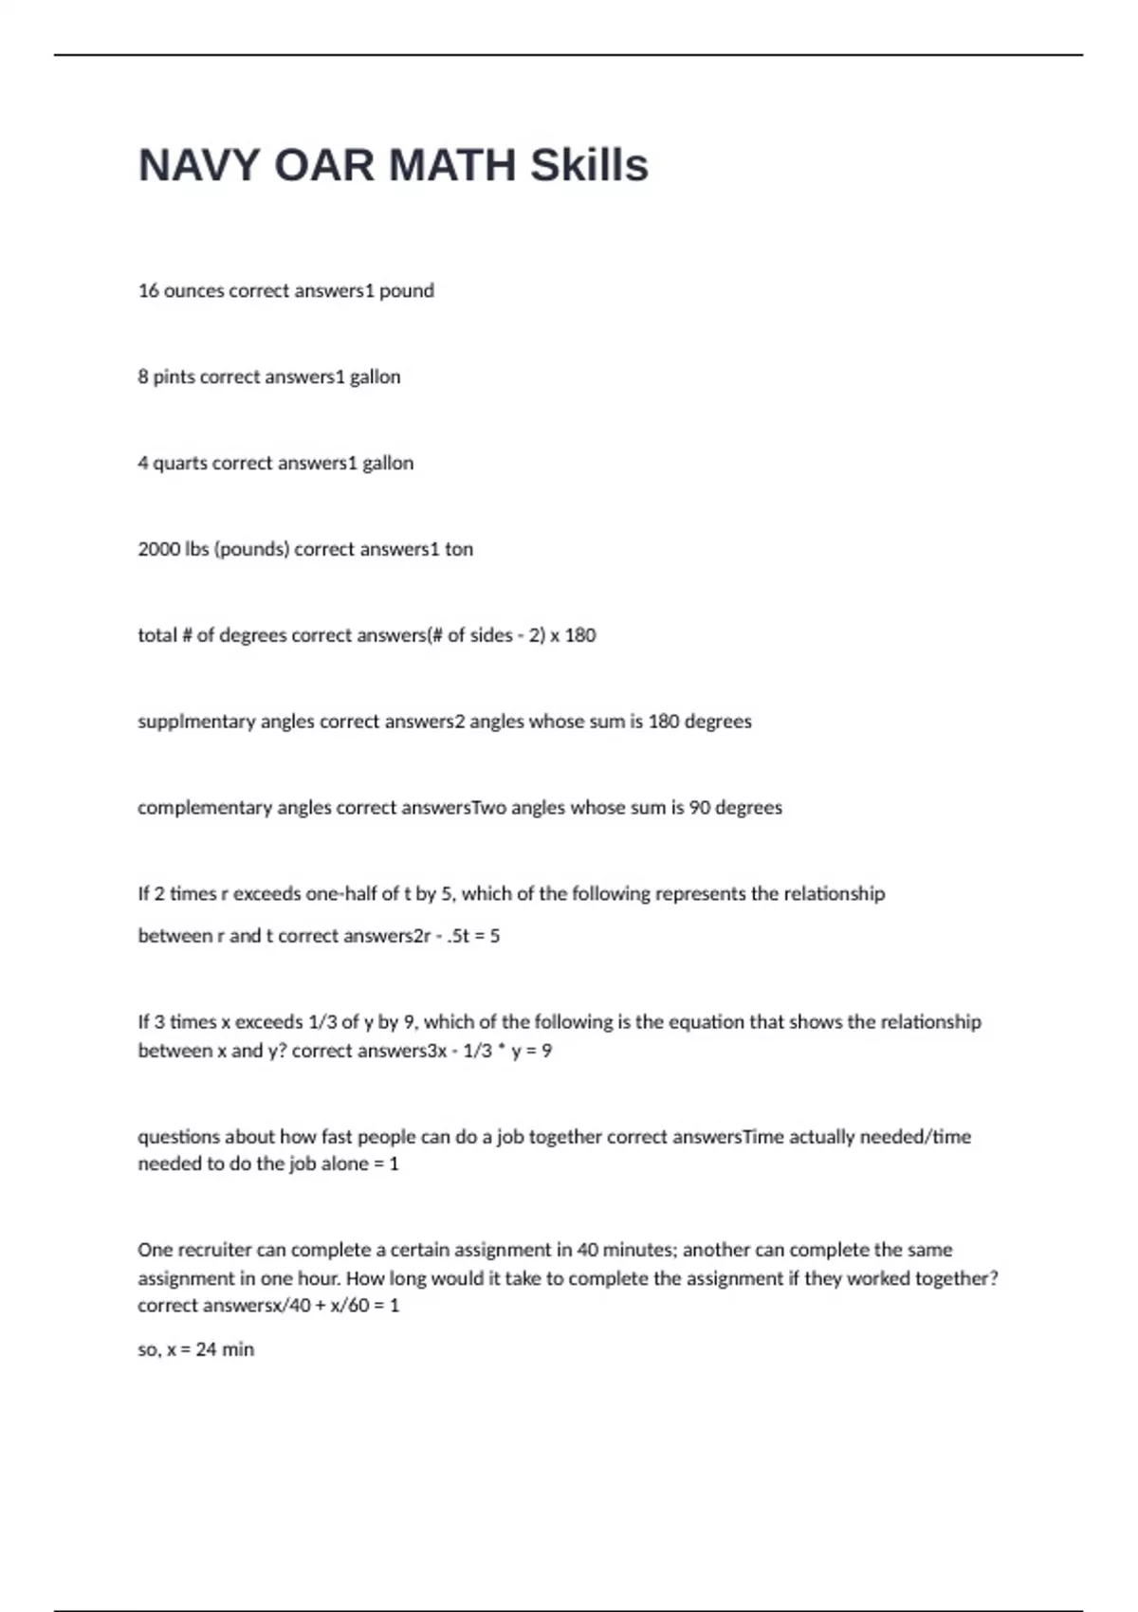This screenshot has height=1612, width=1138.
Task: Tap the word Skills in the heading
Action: (589, 165)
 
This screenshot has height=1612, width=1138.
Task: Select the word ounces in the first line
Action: (194, 291)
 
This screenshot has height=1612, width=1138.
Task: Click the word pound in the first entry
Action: (407, 291)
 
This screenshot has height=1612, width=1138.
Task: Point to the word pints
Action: (174, 377)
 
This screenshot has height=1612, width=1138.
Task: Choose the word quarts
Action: (180, 464)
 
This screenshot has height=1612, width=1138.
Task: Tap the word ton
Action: (459, 549)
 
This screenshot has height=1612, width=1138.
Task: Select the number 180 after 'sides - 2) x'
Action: (580, 635)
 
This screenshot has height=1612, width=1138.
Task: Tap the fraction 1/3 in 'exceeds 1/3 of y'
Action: (320, 1022)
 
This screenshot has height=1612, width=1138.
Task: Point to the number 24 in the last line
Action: (206, 1349)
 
